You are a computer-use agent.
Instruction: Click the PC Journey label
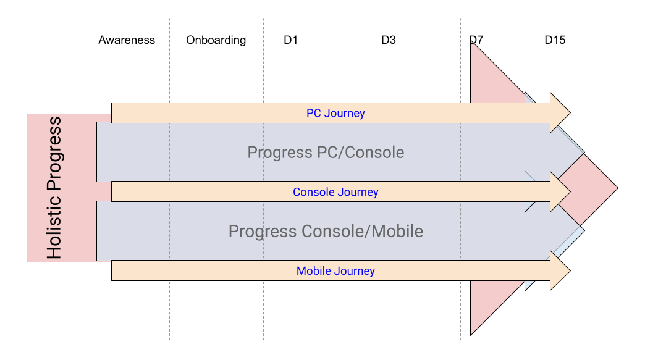(335, 113)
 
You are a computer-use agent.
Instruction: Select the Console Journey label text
(335, 192)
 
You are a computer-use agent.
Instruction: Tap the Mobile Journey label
(335, 270)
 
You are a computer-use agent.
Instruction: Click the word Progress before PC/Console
(276, 152)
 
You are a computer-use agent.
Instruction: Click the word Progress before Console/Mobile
(262, 232)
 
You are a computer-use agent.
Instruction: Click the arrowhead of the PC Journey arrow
(560, 113)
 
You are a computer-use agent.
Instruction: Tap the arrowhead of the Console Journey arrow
(560, 192)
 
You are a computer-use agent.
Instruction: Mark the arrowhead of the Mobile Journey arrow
(560, 270)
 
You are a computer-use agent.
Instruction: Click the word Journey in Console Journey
(358, 192)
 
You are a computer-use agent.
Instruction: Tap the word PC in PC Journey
(314, 113)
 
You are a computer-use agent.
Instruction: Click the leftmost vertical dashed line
(169, 62)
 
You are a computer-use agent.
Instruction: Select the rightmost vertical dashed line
(539, 62)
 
